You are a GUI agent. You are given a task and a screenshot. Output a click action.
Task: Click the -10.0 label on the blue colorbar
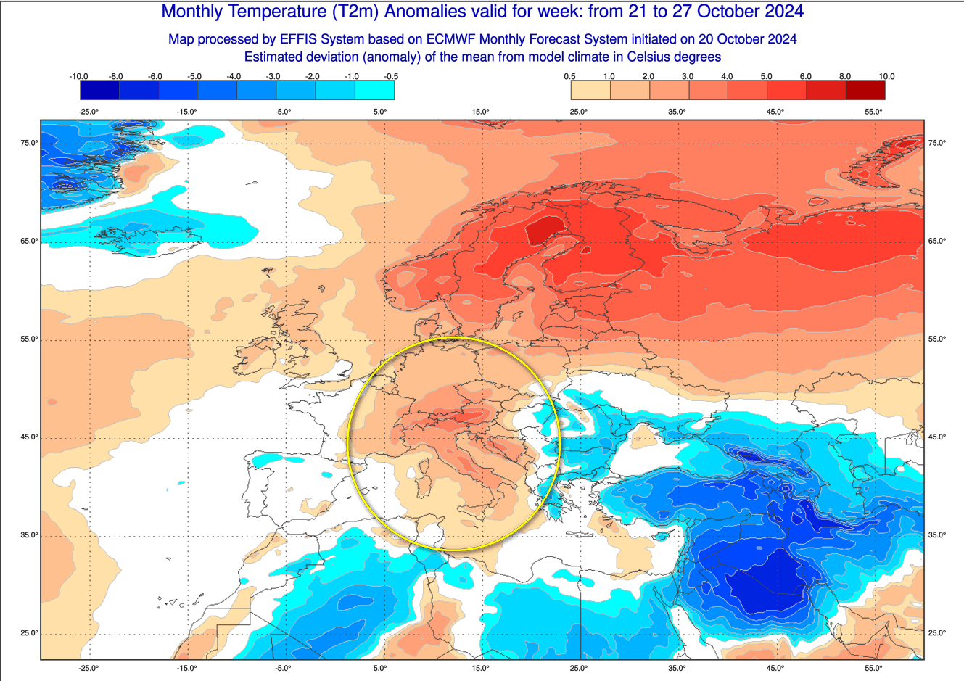coord(78,76)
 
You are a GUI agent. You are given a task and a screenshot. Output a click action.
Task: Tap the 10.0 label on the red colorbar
coord(886,76)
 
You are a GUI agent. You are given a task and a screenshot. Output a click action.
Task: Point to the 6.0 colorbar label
coord(805,76)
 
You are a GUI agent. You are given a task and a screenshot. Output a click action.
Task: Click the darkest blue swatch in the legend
coord(99,90)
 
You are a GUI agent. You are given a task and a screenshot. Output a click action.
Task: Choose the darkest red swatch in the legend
coord(865,90)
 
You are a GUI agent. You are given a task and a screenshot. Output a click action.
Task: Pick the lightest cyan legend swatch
coord(374,90)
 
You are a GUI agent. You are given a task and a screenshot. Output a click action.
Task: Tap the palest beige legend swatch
coord(590,90)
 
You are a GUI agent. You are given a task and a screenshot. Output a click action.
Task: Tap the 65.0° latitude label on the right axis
coord(936,241)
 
